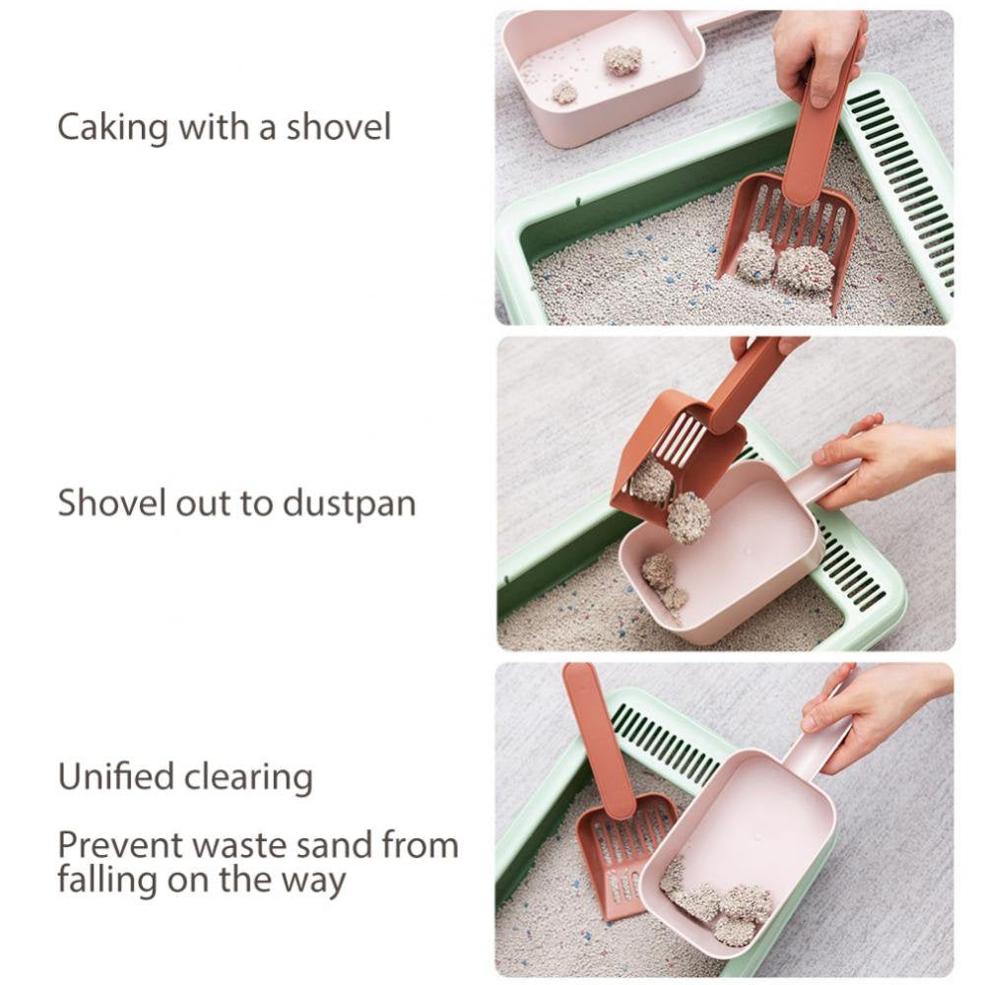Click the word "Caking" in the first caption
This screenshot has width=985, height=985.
113,127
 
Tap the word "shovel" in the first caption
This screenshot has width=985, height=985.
339,126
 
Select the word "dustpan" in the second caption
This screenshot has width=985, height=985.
350,503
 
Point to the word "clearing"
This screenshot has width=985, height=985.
249,778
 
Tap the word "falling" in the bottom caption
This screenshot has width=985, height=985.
105,879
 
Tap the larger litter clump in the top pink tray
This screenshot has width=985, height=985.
623,60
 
